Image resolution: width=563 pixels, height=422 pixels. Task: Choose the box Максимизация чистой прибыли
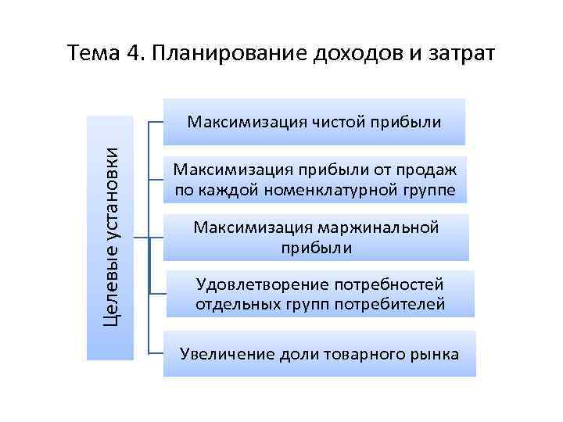314,122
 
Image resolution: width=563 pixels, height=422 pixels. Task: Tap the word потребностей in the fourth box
388,284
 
